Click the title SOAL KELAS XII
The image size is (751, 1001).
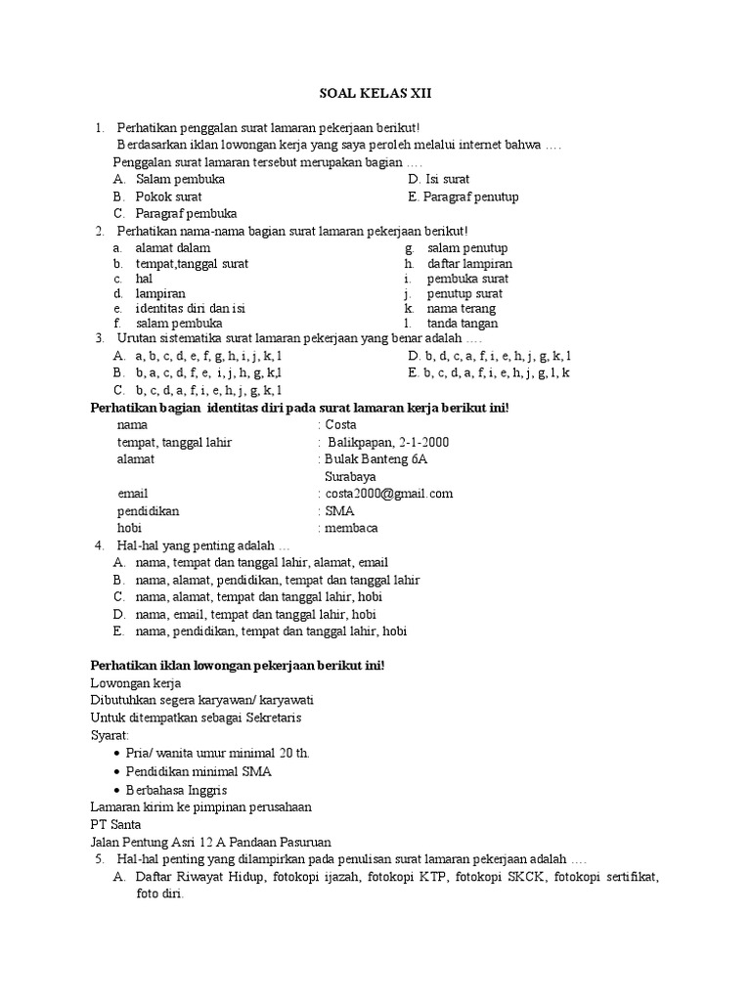pyautogui.click(x=375, y=94)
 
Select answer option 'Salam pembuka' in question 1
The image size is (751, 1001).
pyautogui.click(x=180, y=180)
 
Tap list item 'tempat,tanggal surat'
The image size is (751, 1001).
pyautogui.click(x=192, y=264)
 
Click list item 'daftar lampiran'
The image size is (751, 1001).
pyautogui.click(x=469, y=264)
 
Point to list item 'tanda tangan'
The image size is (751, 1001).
pyautogui.click(x=463, y=323)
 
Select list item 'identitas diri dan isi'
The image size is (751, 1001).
pyautogui.click(x=190, y=308)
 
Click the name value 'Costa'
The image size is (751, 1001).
pyautogui.click(x=341, y=425)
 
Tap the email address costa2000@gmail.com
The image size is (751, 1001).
pyautogui.click(x=389, y=494)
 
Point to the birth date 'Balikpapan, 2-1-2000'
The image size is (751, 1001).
pyautogui.click(x=388, y=442)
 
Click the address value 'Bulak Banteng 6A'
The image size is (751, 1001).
pyautogui.click(x=376, y=458)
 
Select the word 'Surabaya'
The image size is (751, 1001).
pyautogui.click(x=350, y=476)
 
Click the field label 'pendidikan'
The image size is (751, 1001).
pyautogui.click(x=148, y=510)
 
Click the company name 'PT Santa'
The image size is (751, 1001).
pyautogui.click(x=115, y=824)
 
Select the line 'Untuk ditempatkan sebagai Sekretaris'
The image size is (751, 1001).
pyautogui.click(x=196, y=718)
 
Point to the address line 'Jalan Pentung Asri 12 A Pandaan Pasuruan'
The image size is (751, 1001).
pyautogui.click(x=210, y=841)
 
